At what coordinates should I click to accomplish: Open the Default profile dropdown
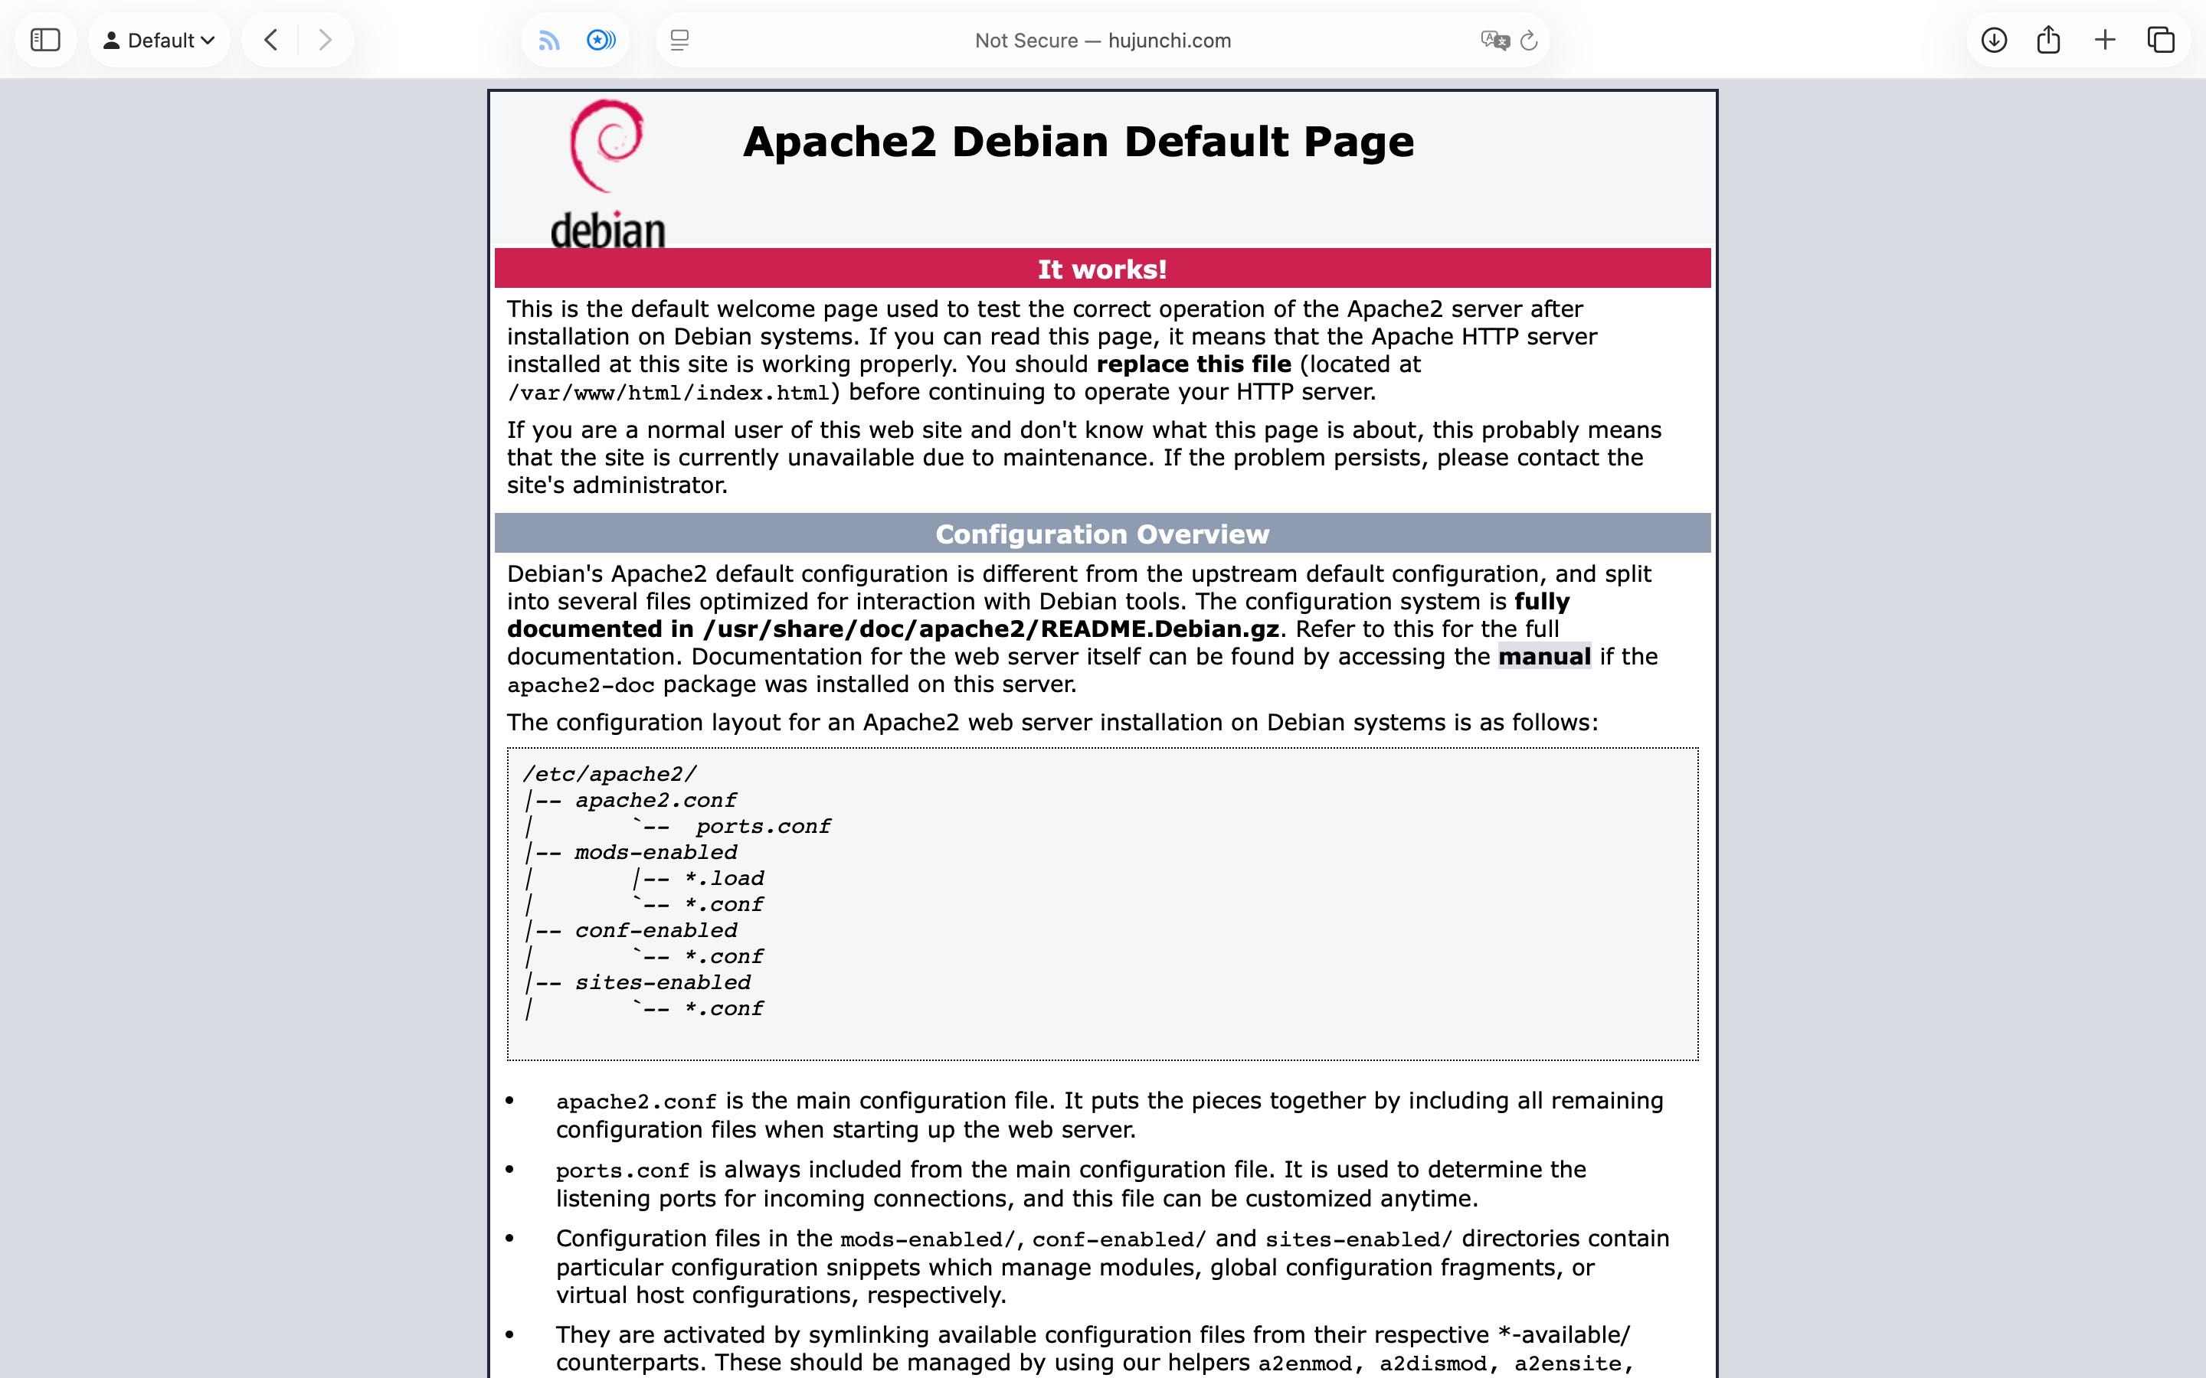pos(159,40)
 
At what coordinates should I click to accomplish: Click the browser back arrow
pos(270,40)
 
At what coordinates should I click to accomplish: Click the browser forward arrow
pos(325,40)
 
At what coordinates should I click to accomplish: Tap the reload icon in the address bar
pos(1530,40)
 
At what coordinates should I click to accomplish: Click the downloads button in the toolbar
pos(1994,40)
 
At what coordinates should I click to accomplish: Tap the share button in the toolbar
pos(2048,40)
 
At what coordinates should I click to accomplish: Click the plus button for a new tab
pos(2105,40)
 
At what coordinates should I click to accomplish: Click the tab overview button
pos(2160,40)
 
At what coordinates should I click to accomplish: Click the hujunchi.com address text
pos(1169,40)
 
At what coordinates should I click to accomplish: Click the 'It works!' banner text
pos(1102,269)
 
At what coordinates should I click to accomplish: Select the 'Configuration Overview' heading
pos(1102,534)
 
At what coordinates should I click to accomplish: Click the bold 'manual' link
pos(1544,656)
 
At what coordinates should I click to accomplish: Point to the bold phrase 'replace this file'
pos(1193,364)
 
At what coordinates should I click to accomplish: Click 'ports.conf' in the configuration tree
pos(763,827)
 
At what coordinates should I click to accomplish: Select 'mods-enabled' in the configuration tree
pos(656,853)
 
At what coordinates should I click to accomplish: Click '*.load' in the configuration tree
pos(725,879)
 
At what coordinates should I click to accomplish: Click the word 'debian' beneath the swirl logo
pos(608,230)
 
